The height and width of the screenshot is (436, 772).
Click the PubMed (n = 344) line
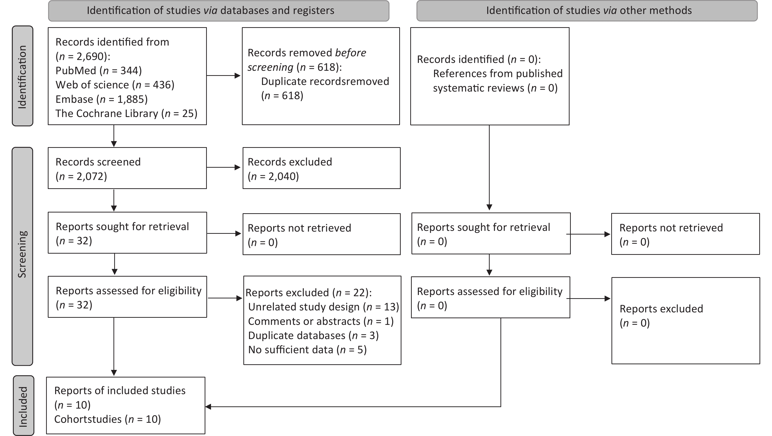[x=99, y=71]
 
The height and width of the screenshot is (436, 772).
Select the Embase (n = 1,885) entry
[x=102, y=99]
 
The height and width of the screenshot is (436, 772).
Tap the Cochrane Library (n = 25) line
[x=126, y=114]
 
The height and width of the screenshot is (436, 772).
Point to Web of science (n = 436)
[x=115, y=85]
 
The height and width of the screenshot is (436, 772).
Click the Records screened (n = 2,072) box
[x=127, y=168]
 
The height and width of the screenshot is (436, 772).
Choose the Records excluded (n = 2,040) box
[x=322, y=168]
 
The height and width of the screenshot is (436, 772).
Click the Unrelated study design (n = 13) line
[x=324, y=307]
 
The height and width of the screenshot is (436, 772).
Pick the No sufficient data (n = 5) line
[x=308, y=350]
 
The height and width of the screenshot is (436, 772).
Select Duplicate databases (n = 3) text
[x=313, y=335]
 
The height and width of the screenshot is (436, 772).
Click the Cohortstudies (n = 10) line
[x=108, y=419]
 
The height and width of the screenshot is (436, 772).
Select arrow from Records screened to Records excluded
[x=224, y=167]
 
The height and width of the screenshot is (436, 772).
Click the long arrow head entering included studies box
[x=208, y=407]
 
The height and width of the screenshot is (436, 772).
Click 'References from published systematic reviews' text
[x=498, y=81]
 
